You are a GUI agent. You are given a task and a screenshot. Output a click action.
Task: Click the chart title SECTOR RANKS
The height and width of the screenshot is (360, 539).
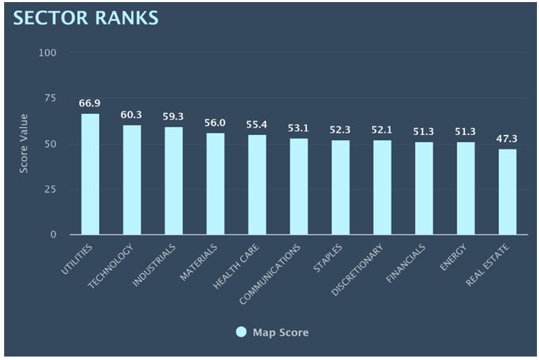[86, 18]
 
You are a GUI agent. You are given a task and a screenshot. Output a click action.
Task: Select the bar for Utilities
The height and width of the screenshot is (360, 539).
[90, 174]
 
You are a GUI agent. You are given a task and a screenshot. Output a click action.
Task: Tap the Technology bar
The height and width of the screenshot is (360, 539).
[132, 180]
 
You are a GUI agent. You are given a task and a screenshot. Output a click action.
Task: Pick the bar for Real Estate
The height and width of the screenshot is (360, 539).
[507, 192]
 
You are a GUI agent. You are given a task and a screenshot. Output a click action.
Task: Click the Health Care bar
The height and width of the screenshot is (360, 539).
[257, 185]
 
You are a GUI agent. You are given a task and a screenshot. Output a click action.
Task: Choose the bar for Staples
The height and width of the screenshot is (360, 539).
[340, 188]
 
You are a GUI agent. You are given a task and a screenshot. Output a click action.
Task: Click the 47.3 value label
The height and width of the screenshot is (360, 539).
[507, 138]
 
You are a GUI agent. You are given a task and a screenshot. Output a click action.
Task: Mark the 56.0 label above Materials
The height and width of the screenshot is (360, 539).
[215, 123]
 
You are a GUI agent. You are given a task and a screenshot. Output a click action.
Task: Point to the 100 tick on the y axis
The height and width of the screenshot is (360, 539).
[48, 53]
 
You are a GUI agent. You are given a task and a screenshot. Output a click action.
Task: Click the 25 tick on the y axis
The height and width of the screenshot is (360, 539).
[51, 189]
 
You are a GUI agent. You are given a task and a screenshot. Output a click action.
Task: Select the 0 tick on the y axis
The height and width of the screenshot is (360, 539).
[53, 235]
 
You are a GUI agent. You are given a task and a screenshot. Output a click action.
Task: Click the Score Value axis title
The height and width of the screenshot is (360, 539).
[24, 143]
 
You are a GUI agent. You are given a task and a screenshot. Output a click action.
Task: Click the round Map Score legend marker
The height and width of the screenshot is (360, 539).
[241, 332]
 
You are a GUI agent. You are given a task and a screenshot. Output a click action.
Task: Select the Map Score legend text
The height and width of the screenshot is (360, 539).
[281, 333]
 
